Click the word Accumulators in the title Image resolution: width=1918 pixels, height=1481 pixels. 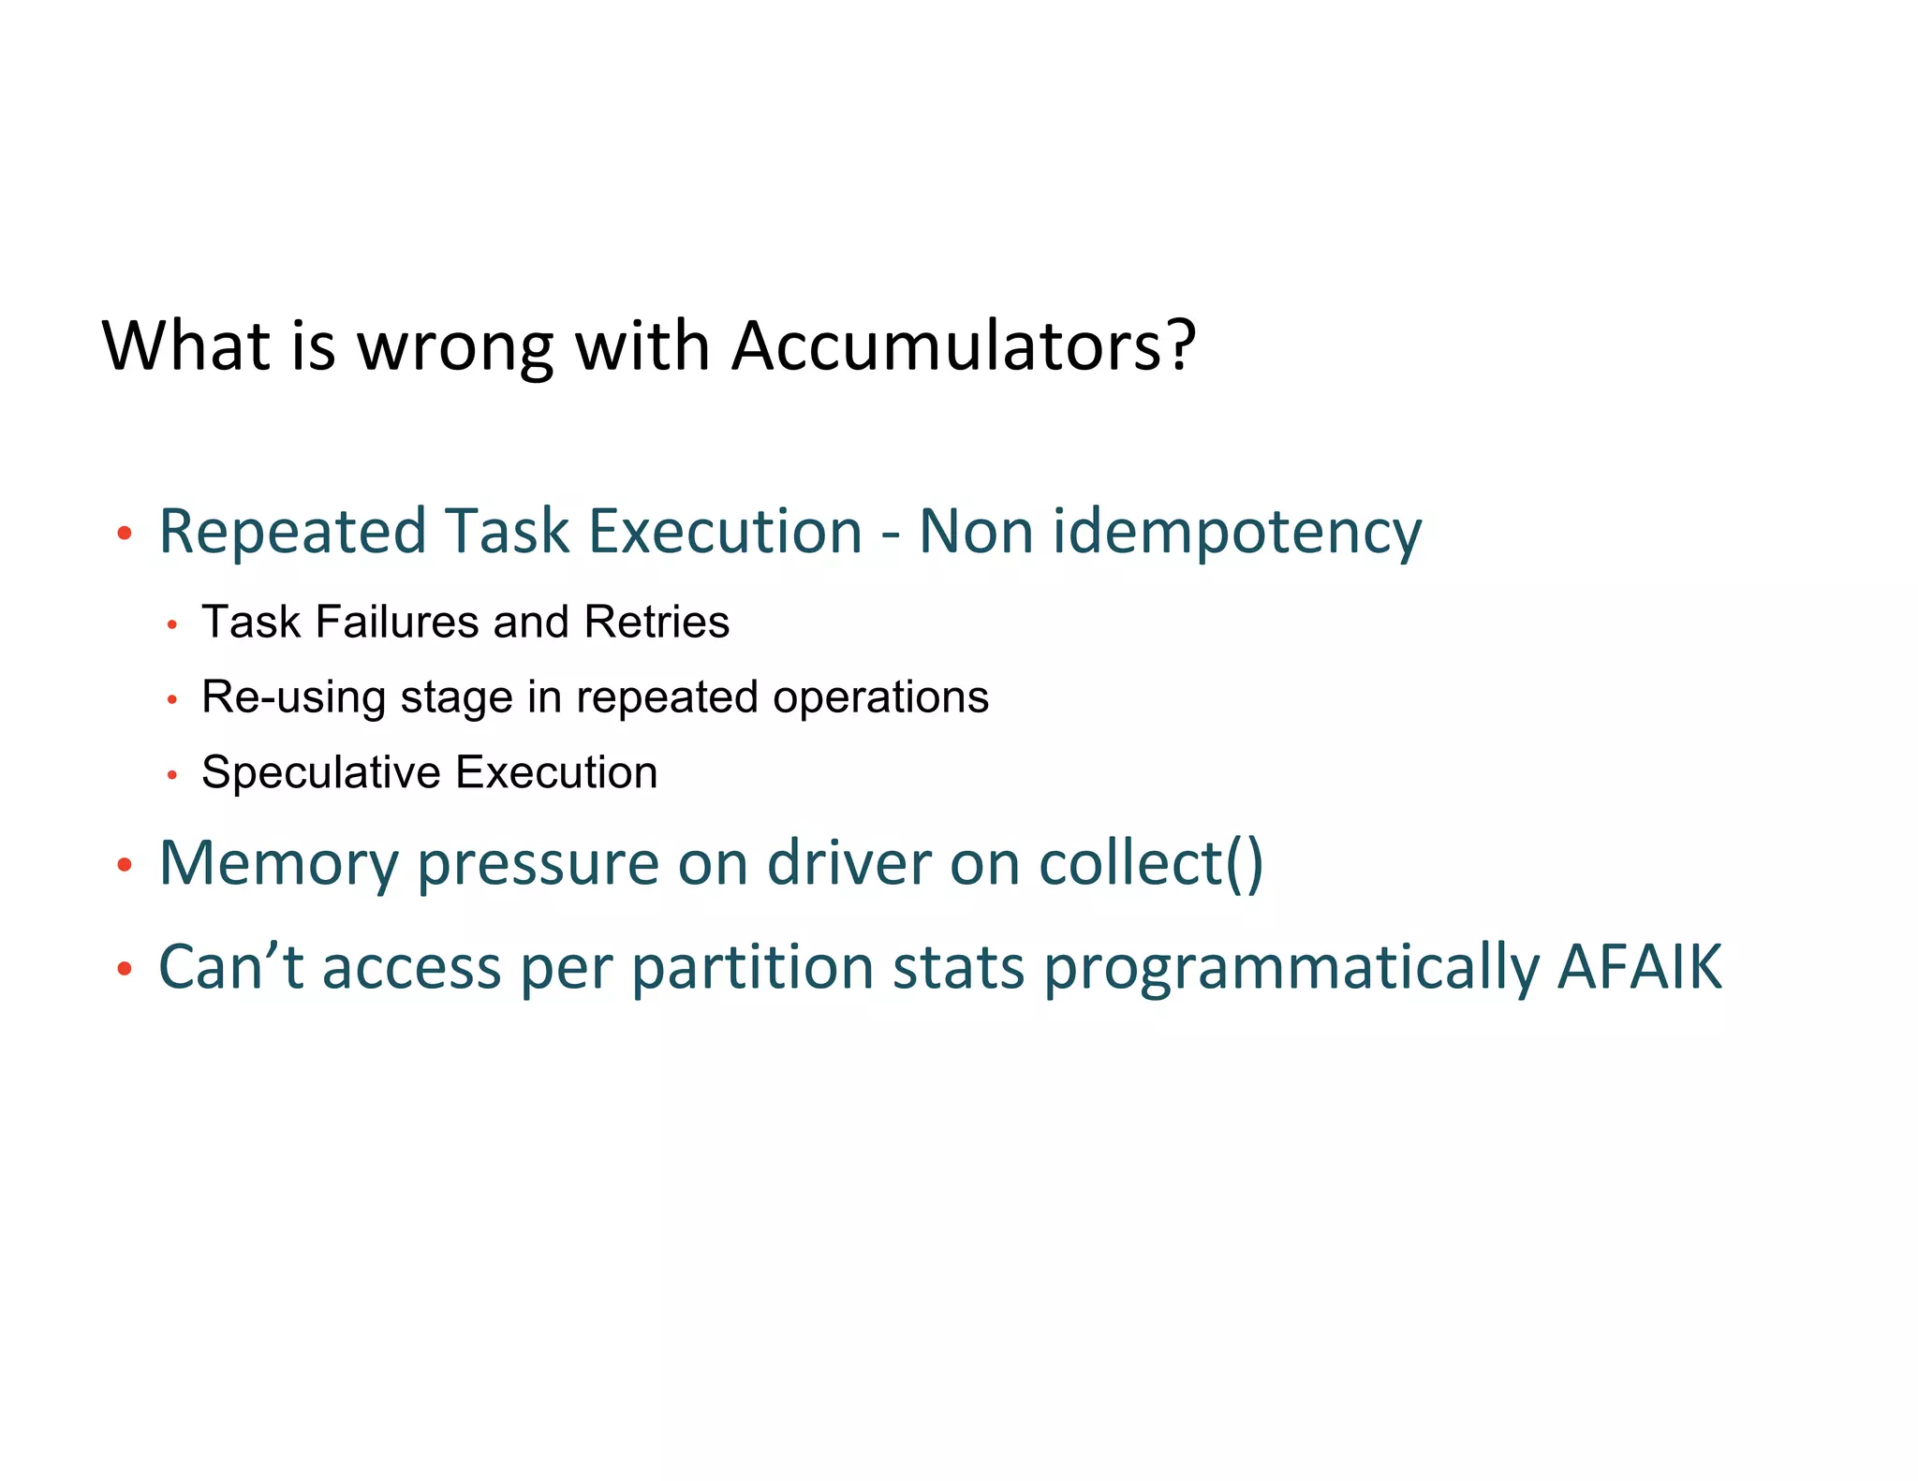[947, 346]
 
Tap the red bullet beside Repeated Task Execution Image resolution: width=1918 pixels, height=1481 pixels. [125, 535]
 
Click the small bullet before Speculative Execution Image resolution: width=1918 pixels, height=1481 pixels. [171, 775]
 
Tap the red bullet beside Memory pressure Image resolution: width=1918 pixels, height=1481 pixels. [125, 865]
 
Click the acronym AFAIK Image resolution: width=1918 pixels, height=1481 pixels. [1639, 968]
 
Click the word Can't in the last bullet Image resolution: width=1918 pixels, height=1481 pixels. [230, 968]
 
